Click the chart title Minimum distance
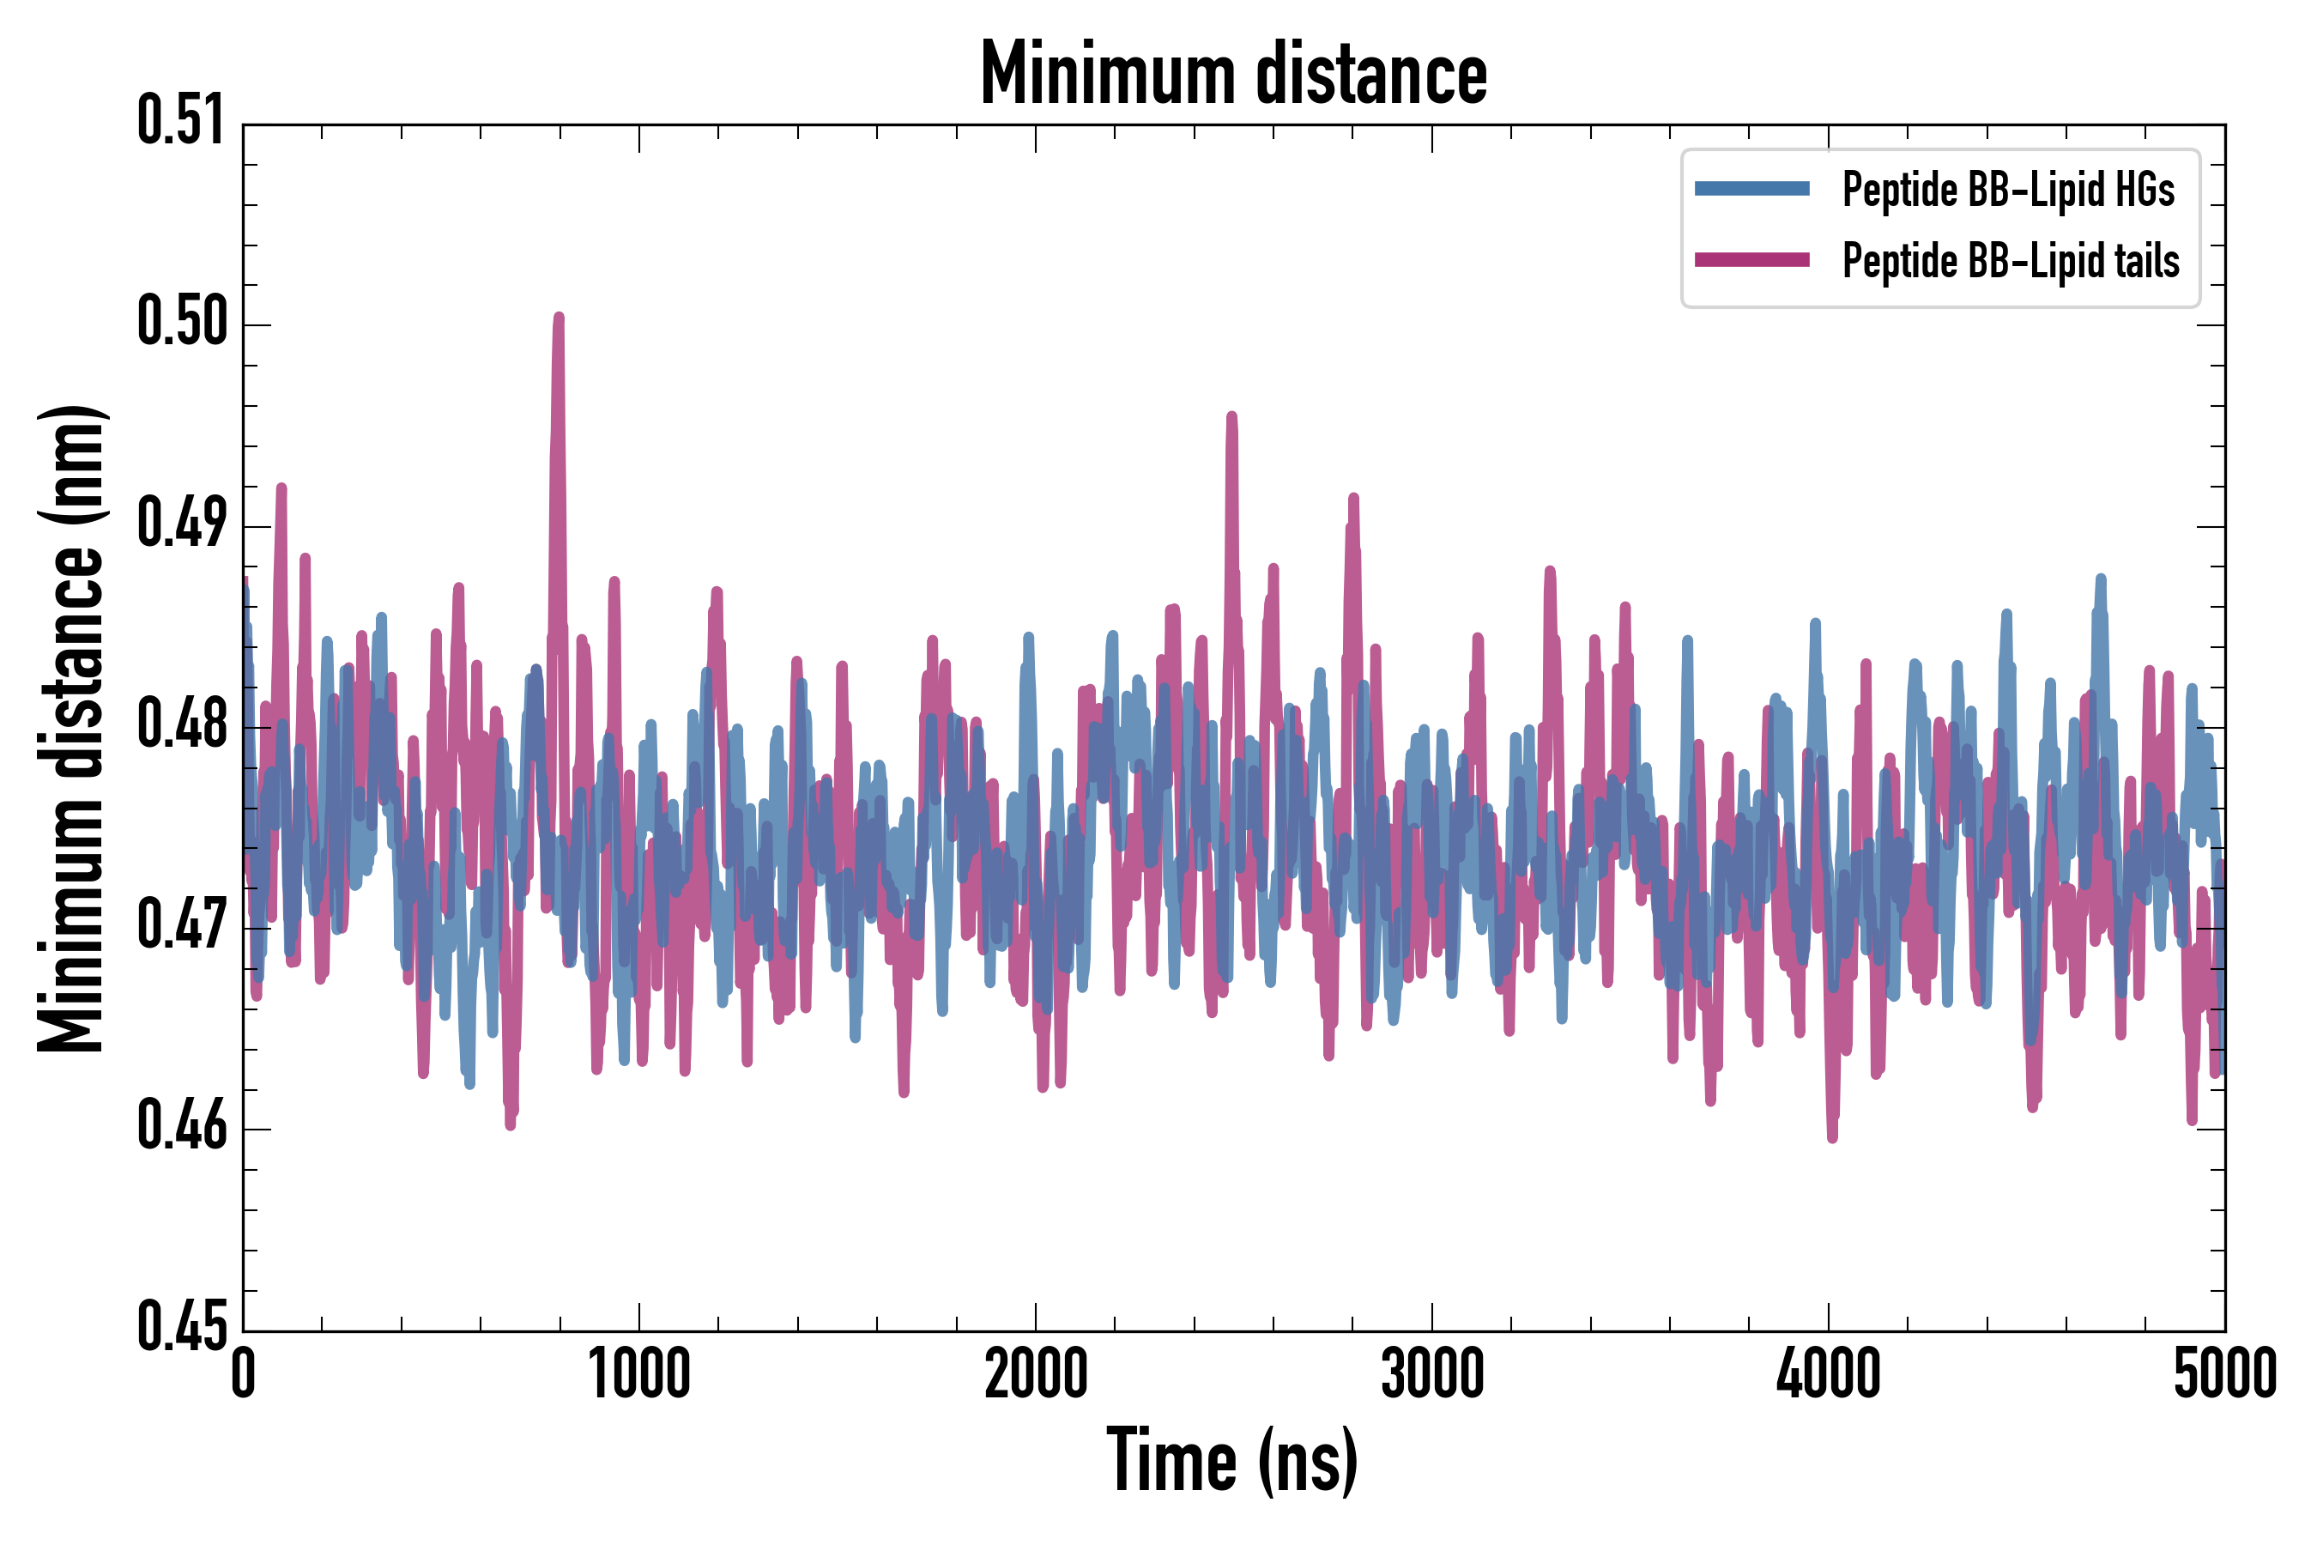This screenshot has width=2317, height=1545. [x=1233, y=74]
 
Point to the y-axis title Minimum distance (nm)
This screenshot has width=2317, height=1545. [x=71, y=729]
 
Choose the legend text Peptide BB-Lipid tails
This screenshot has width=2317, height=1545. [x=2011, y=261]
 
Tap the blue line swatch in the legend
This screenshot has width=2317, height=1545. [x=1751, y=189]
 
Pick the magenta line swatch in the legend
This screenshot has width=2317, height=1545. [x=1751, y=260]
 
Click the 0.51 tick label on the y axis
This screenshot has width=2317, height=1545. [x=182, y=121]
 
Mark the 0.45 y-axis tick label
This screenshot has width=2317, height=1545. [x=182, y=1327]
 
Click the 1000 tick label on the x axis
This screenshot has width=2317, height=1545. [x=639, y=1374]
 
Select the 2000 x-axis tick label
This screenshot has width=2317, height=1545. [x=1036, y=1374]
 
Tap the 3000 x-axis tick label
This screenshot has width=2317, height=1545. [x=1431, y=1374]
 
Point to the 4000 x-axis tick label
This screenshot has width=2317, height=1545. [x=1829, y=1374]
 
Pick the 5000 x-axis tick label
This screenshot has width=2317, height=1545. [x=2224, y=1374]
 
